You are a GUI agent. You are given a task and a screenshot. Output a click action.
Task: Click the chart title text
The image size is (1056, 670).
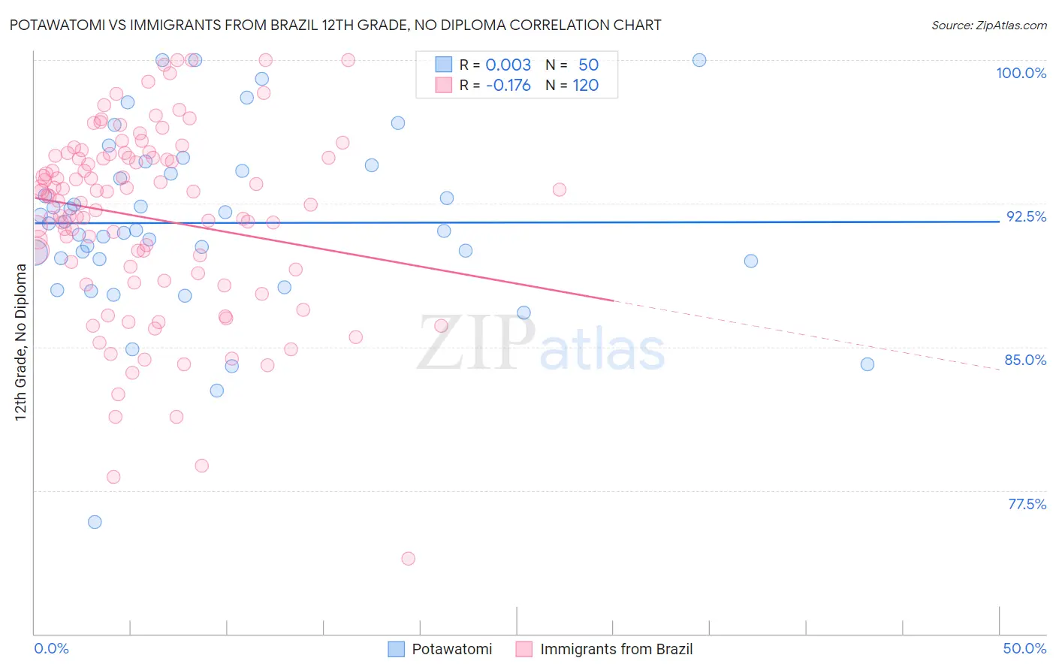pos(335,25)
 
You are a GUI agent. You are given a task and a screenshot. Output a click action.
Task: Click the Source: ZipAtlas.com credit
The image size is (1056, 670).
pos(988,25)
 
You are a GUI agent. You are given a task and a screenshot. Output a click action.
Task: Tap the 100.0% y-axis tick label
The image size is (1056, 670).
pos(1021,73)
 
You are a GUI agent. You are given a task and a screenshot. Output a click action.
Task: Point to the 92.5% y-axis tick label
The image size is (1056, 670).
pos(1026,216)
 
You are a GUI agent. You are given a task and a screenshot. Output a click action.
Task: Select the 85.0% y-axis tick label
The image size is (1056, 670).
pos(1025,360)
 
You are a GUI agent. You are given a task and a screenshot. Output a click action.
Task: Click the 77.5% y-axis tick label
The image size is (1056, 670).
pos(1027,504)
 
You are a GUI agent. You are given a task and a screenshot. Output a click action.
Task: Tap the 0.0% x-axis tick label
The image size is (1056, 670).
pos(51,648)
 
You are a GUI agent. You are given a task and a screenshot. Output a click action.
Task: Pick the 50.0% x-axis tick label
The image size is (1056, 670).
pos(1024,648)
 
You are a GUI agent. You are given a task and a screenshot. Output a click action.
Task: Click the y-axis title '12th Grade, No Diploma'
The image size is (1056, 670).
pos(21,342)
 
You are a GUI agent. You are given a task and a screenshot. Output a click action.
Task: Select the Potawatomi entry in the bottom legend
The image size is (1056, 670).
pos(451,649)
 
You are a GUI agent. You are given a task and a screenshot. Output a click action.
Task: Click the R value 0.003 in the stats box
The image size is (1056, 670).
pos(508,65)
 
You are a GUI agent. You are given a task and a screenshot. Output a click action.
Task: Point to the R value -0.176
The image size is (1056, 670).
pos(508,86)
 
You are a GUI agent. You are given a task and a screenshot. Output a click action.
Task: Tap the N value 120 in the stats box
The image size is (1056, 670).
pos(585,86)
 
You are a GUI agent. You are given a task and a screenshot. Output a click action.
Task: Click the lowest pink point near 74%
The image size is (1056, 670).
pos(409,558)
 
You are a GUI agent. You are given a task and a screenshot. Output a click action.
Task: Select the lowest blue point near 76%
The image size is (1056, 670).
pos(95,522)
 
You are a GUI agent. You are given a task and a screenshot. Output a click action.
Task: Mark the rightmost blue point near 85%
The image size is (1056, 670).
pos(867,364)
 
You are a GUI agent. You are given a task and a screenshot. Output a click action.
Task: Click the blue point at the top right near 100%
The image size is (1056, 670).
pos(699,60)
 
